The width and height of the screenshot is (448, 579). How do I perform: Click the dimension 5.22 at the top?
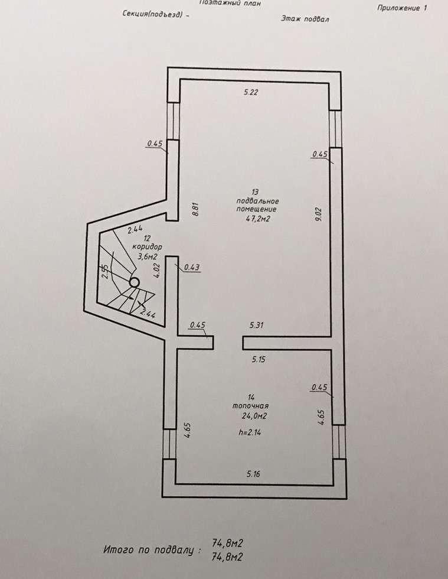[251, 92]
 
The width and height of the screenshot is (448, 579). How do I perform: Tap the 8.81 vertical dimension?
[196, 209]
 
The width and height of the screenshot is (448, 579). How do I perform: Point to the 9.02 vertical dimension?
[319, 214]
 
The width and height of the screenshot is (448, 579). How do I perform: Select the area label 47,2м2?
[258, 219]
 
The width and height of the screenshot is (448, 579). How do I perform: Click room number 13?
[255, 192]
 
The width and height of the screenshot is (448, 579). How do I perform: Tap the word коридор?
[147, 246]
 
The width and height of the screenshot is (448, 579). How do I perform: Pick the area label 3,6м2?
[147, 256]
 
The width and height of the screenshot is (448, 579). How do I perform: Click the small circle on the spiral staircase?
[134, 282]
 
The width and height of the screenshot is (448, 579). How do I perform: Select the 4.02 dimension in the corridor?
[158, 271]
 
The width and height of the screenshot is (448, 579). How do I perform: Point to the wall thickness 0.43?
[192, 267]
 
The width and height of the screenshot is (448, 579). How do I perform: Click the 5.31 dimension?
[257, 325]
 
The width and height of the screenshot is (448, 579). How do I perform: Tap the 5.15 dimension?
[259, 359]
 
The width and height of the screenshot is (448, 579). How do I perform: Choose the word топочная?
[250, 406]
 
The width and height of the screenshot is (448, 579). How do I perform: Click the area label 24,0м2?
[254, 416]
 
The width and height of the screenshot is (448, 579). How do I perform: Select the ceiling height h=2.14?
[250, 432]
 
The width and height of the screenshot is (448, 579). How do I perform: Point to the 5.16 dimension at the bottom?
[253, 474]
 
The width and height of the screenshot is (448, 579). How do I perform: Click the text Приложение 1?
[402, 8]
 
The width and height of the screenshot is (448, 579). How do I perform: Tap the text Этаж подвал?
[305, 18]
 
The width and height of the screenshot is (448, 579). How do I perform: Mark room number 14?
[251, 397]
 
